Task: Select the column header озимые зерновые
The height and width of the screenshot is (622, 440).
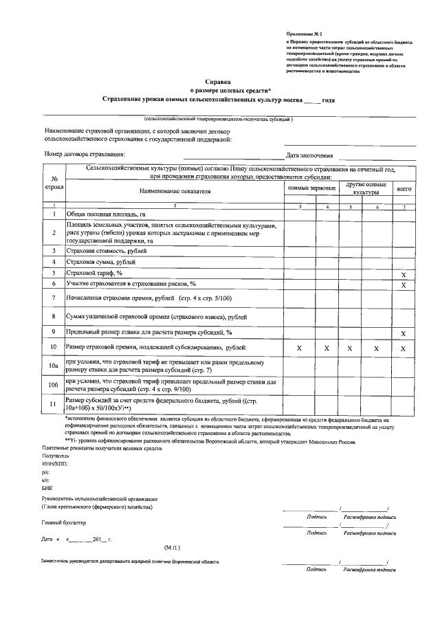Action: pos(311,188)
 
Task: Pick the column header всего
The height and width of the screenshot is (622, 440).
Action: pos(404,188)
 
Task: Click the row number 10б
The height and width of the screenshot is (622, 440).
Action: pos(54,384)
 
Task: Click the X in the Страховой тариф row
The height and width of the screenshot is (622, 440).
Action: pos(404,274)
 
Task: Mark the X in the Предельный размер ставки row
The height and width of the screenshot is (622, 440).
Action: pos(404,333)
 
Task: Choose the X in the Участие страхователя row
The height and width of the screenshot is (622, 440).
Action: pos(404,285)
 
